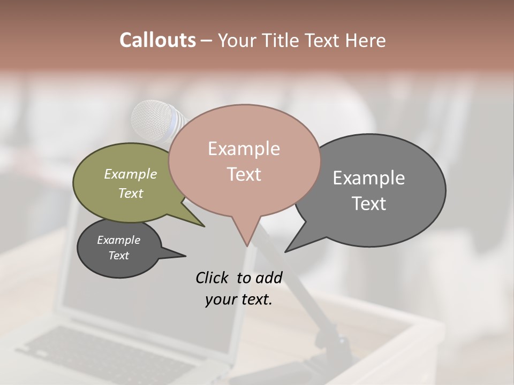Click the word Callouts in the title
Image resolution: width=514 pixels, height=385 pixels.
[x=157, y=40]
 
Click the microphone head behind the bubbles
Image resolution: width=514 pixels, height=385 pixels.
[x=153, y=121]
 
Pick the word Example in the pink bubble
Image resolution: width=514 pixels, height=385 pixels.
[x=244, y=149]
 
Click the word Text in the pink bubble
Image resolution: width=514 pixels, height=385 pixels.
[x=244, y=174]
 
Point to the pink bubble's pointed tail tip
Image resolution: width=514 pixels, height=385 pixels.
[x=247, y=245]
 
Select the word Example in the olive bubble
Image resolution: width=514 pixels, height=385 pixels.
[x=130, y=174]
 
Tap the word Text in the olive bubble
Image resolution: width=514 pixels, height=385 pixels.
[x=130, y=193]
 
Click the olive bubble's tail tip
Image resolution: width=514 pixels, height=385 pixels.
[x=203, y=226]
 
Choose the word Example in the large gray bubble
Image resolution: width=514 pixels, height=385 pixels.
[x=368, y=178]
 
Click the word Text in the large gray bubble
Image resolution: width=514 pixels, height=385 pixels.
[x=368, y=204]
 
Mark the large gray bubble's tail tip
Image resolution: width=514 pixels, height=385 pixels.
[x=286, y=251]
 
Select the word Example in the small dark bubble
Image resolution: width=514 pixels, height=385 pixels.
[x=118, y=240]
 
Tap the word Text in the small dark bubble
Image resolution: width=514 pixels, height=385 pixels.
[x=118, y=256]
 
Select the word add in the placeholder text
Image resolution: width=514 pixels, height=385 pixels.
[x=268, y=278]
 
